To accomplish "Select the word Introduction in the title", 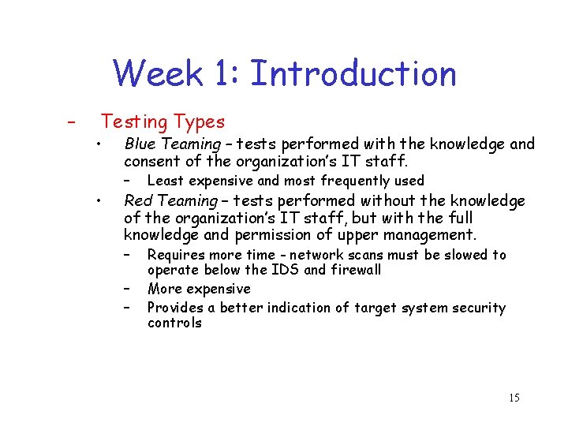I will [x=353, y=74].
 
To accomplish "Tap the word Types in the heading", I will [x=200, y=121].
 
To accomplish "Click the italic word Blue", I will [x=140, y=144].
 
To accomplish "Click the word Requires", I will [x=176, y=255].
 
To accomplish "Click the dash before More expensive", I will [x=126, y=290].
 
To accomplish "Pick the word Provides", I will [x=176, y=308].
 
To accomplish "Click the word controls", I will [x=174, y=323].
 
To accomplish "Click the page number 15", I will [x=514, y=398].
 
